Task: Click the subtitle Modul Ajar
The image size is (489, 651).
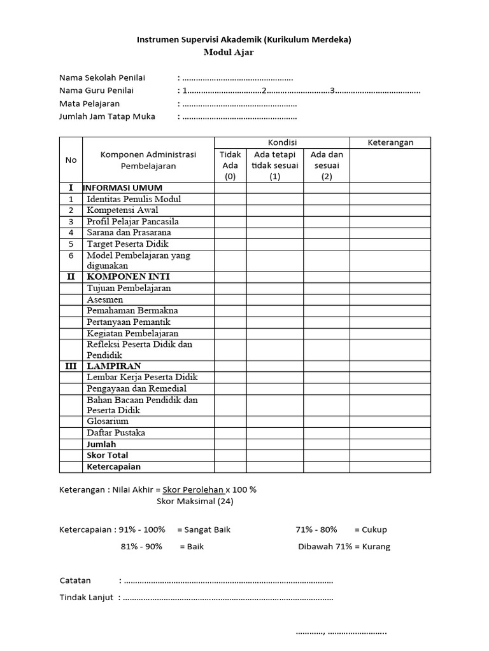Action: pyautogui.click(x=229, y=52)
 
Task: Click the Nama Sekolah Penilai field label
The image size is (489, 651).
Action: pyautogui.click(x=102, y=78)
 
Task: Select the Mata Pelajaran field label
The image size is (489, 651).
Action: pyautogui.click(x=89, y=104)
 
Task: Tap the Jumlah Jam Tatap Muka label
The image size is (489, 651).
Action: pyautogui.click(x=107, y=116)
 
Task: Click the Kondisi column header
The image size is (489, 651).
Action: pyautogui.click(x=281, y=142)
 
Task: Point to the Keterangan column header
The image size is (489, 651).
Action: pyautogui.click(x=390, y=142)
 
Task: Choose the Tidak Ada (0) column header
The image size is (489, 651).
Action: pyautogui.click(x=230, y=165)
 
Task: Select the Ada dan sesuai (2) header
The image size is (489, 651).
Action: pyautogui.click(x=327, y=165)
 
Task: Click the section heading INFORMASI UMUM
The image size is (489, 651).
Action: pyautogui.click(x=123, y=188)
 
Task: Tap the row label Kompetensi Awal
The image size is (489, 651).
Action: pyautogui.click(x=122, y=210)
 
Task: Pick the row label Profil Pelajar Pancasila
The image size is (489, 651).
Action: pyautogui.click(x=132, y=221)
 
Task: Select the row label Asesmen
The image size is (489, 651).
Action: pyautogui.click(x=105, y=299)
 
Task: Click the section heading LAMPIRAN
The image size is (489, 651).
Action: pyautogui.click(x=114, y=366)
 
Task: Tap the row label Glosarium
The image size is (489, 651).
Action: pyautogui.click(x=108, y=421)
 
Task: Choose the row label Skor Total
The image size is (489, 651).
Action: pyautogui.click(x=107, y=455)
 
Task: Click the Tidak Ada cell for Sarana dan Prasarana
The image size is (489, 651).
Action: pyautogui.click(x=230, y=233)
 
